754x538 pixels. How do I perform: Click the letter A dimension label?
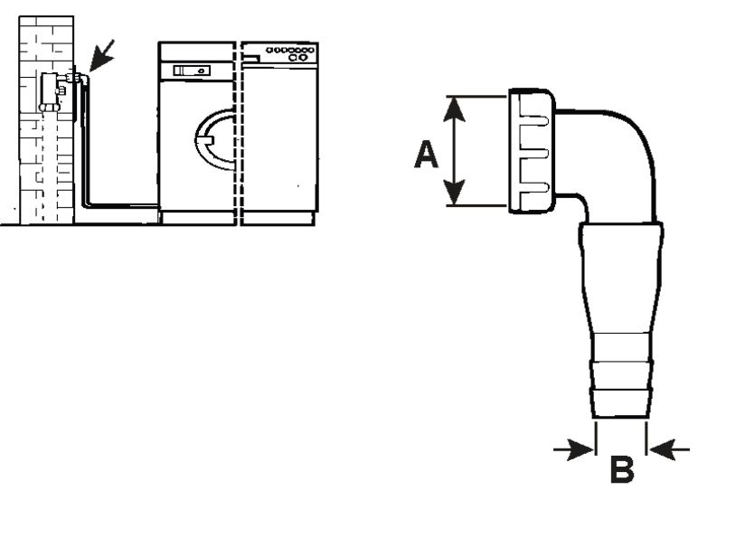(x=426, y=155)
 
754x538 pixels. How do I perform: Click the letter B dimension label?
(x=621, y=470)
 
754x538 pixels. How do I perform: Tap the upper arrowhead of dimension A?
(x=455, y=107)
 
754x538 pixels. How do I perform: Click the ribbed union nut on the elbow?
(x=531, y=151)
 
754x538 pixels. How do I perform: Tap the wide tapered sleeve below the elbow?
(x=621, y=271)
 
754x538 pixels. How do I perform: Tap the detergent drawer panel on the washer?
(x=192, y=71)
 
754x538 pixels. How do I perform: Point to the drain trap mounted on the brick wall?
(x=52, y=90)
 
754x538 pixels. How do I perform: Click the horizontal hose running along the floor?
(x=122, y=205)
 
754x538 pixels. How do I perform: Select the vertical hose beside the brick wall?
(x=83, y=145)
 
